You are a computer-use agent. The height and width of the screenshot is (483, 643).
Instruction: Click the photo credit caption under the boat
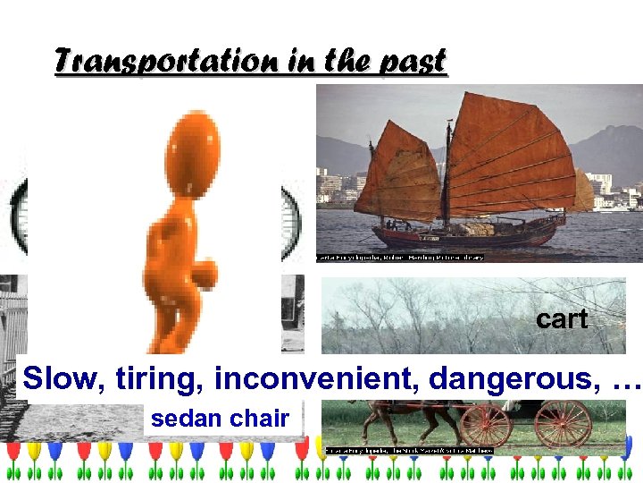tap(400, 258)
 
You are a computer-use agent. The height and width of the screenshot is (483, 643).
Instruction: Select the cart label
tap(562, 319)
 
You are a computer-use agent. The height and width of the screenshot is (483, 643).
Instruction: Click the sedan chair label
tap(221, 418)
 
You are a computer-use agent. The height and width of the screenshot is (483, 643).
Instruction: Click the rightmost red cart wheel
tap(563, 423)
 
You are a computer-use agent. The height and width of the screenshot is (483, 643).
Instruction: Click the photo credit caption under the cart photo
tap(409, 451)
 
